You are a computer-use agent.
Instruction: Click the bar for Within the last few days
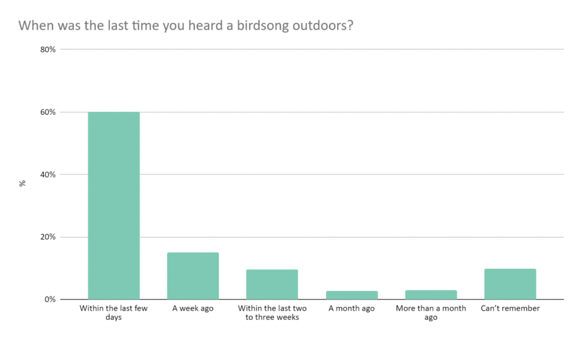click(114, 205)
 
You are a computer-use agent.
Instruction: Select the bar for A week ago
click(193, 276)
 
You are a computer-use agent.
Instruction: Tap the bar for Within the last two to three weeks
click(272, 284)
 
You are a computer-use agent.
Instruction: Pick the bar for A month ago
click(351, 295)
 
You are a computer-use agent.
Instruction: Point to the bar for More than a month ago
click(431, 294)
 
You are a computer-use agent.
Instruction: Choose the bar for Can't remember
click(510, 284)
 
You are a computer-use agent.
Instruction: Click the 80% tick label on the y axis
click(48, 49)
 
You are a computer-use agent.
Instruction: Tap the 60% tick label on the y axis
click(48, 112)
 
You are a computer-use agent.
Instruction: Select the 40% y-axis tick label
click(48, 174)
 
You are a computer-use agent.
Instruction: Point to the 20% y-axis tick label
click(48, 237)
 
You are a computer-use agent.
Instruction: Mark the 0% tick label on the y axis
click(49, 299)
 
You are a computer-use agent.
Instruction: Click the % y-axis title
click(23, 184)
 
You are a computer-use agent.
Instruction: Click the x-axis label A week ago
click(193, 309)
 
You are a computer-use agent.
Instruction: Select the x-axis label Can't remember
click(510, 309)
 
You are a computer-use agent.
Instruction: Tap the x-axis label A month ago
click(351, 309)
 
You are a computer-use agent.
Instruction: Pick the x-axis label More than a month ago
click(431, 313)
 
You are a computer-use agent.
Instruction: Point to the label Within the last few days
click(114, 313)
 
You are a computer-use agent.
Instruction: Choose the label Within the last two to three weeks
click(272, 313)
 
